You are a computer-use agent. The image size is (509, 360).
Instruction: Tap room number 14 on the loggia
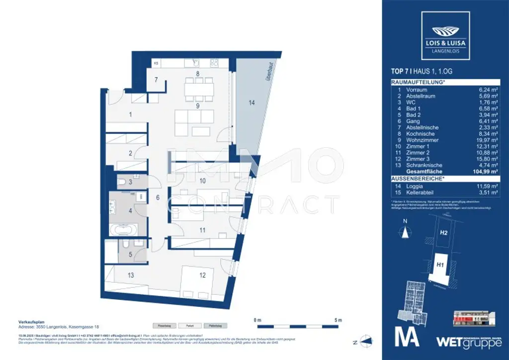(252, 103)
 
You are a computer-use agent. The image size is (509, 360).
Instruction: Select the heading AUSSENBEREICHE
(417, 178)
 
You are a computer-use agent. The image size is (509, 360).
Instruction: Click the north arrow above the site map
(406, 231)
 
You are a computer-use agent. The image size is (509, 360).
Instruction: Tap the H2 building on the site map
(444, 232)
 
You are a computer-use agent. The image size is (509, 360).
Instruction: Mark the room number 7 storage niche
(156, 80)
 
